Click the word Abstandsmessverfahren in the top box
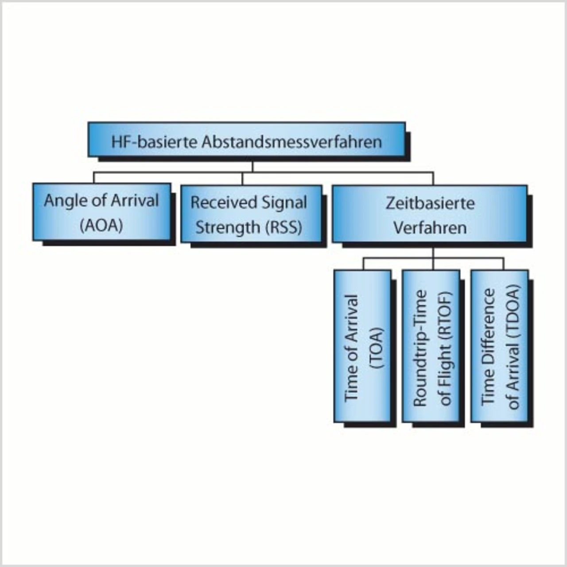(x=291, y=142)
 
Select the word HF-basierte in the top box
(x=154, y=142)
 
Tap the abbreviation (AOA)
(x=101, y=226)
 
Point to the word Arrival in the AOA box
(x=135, y=201)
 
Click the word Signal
(x=283, y=203)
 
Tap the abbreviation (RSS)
(x=283, y=228)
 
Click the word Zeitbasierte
(x=430, y=203)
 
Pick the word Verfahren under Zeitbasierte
(x=430, y=228)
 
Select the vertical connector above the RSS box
(x=242, y=179)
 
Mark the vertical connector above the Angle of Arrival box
(x=94, y=178)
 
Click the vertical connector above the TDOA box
(x=503, y=264)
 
